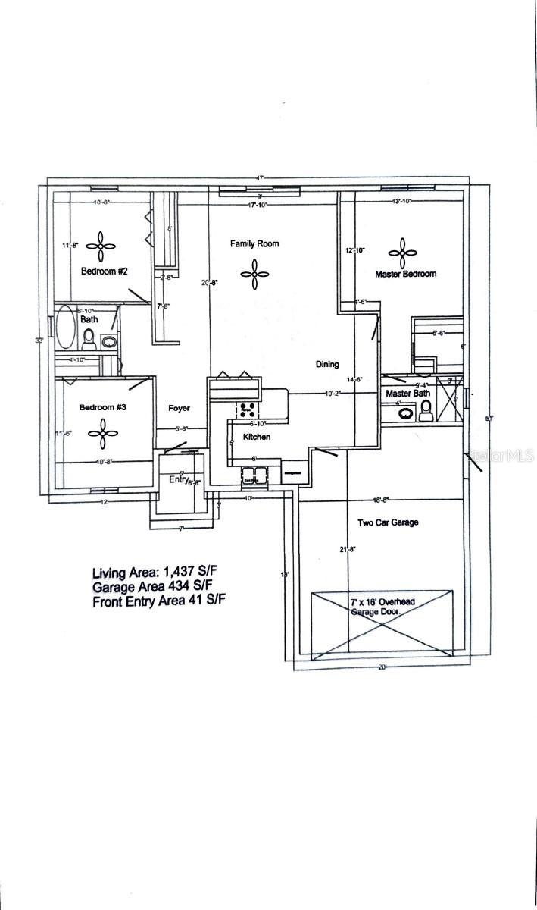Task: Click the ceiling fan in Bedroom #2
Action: click(x=101, y=245)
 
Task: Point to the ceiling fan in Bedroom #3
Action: click(x=101, y=433)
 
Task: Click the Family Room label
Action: click(x=254, y=243)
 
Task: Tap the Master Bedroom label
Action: click(x=405, y=274)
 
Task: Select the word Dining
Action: click(x=327, y=365)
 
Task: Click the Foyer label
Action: click(x=179, y=408)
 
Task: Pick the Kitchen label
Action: click(x=256, y=438)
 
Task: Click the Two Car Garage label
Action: click(x=388, y=522)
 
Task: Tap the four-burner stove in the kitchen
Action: click(x=248, y=410)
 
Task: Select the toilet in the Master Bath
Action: click(x=426, y=409)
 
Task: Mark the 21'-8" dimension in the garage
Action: click(x=347, y=549)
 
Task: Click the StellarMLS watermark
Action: click(x=501, y=456)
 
